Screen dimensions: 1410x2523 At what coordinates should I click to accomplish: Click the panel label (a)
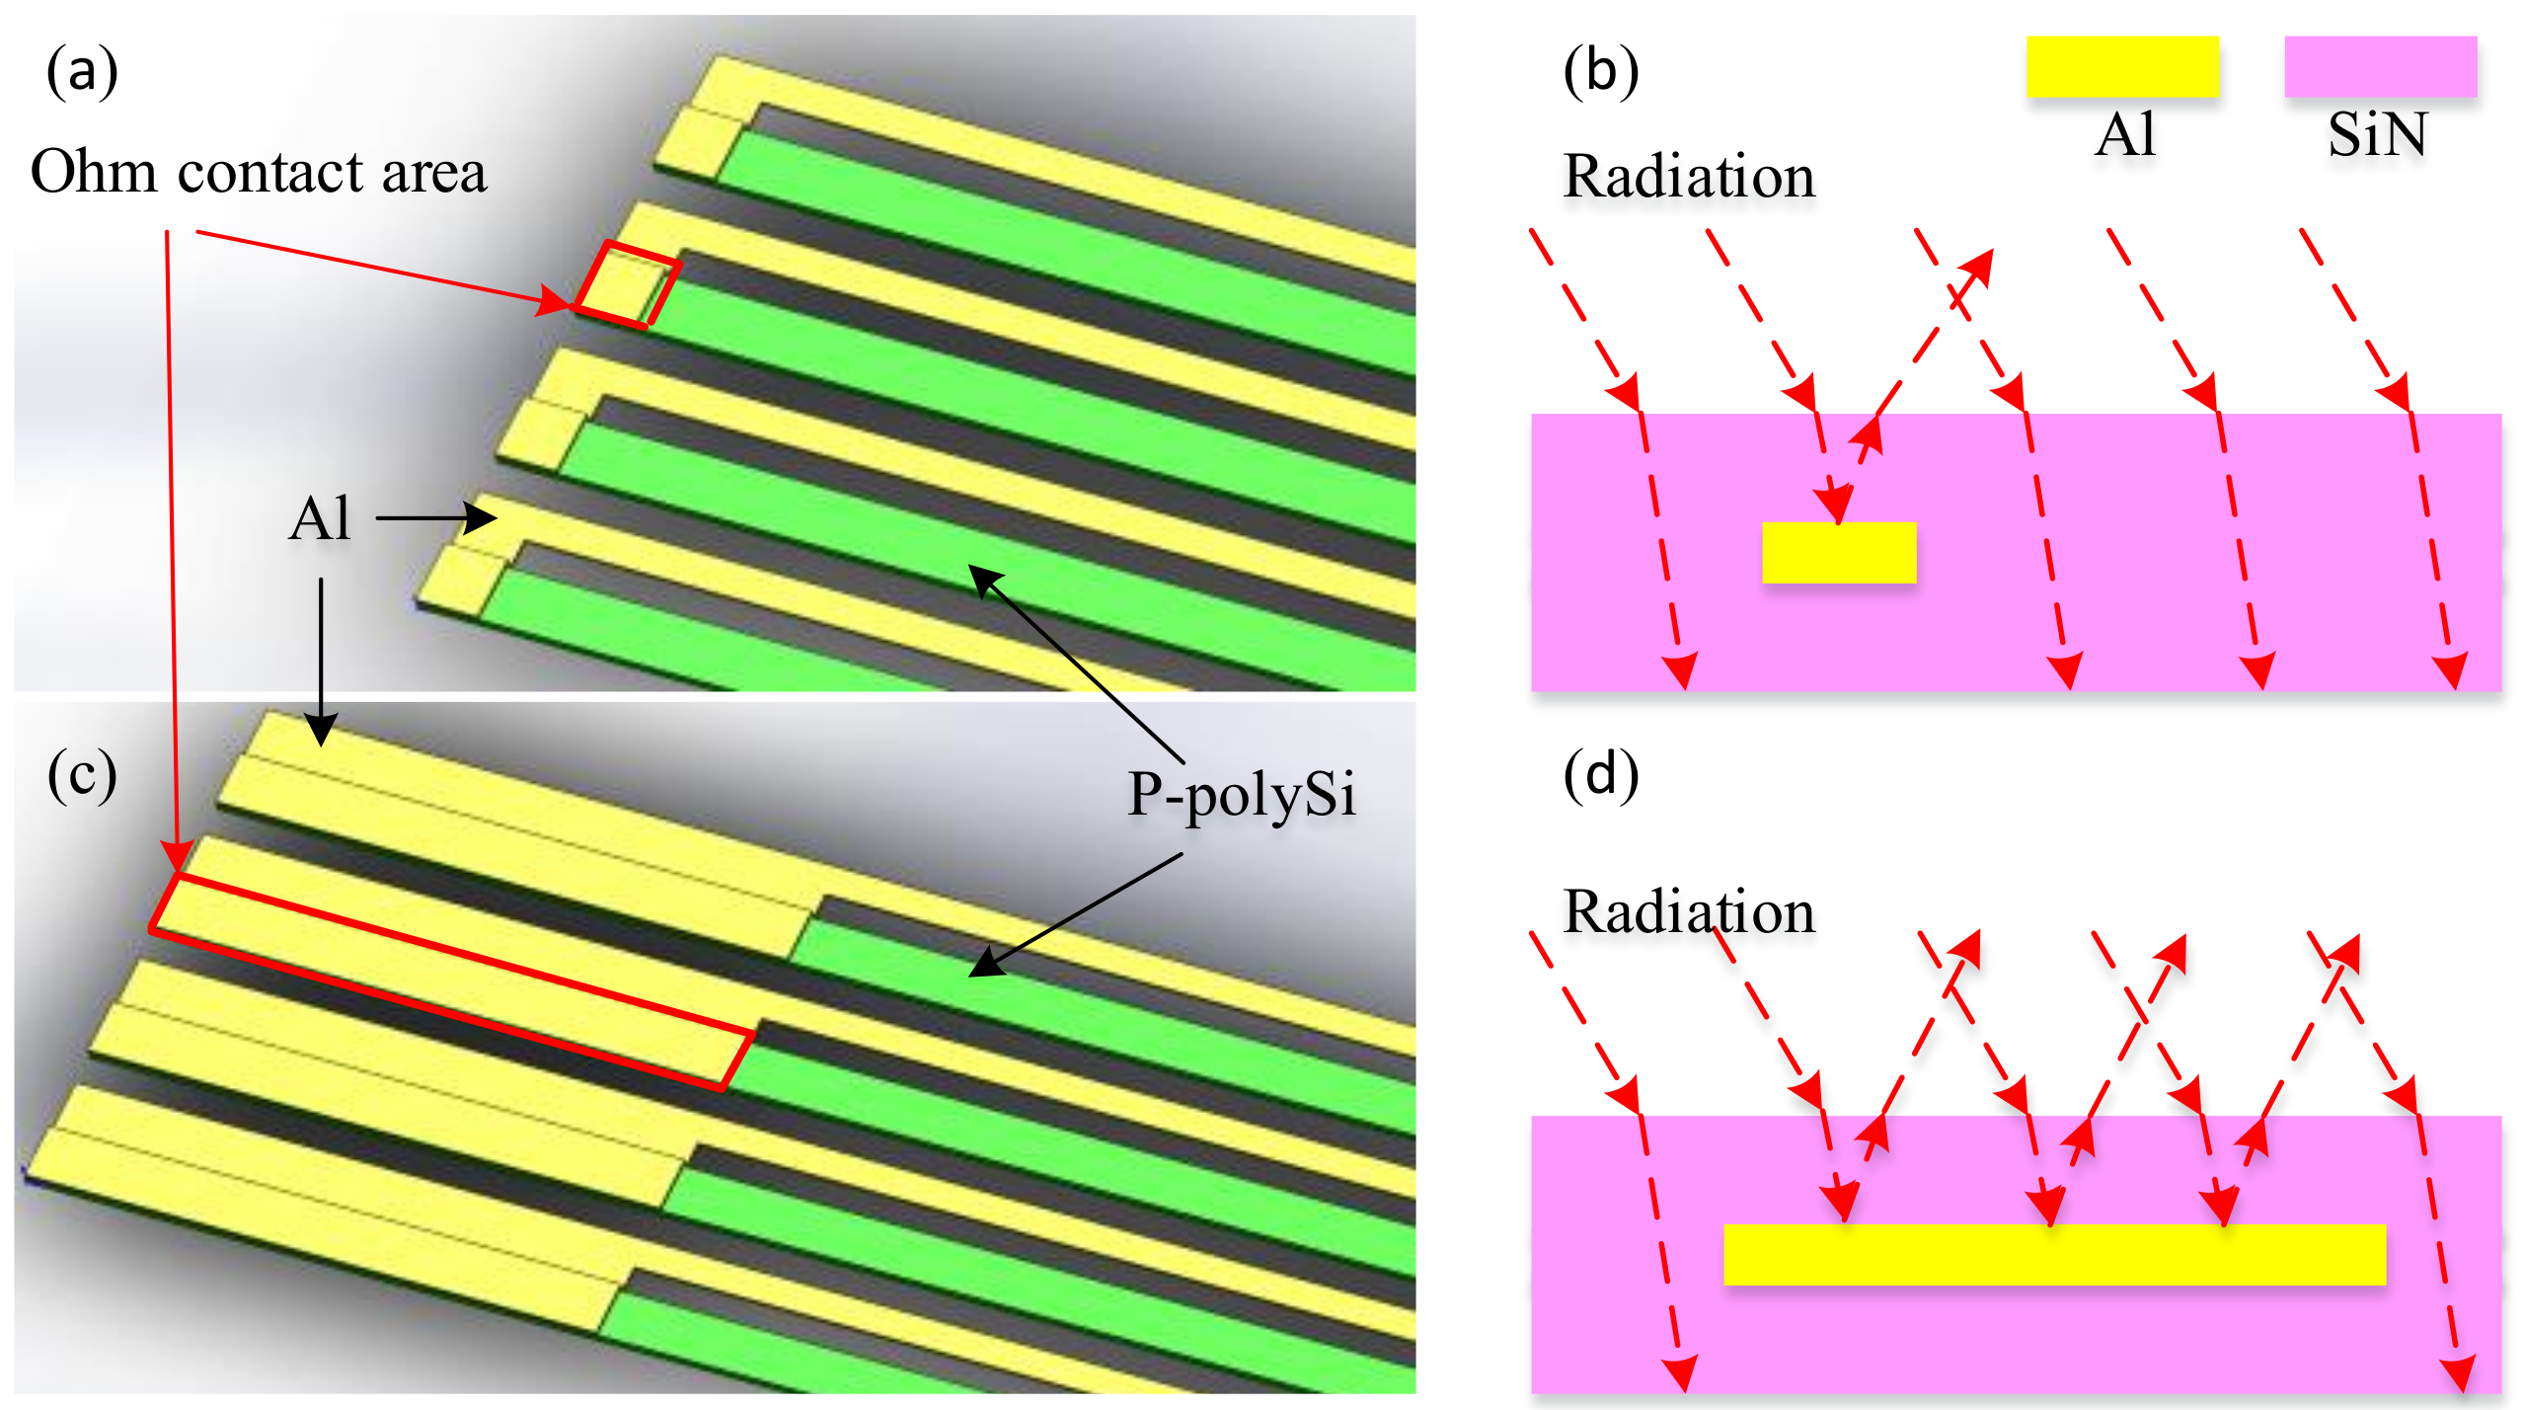point(82,73)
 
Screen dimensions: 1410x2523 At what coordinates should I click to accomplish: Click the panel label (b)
point(1600,73)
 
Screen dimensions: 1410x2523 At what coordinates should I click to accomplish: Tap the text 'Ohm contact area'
point(259,173)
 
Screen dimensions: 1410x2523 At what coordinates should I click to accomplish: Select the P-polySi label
point(1241,795)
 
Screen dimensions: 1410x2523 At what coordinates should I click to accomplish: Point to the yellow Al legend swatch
point(2121,67)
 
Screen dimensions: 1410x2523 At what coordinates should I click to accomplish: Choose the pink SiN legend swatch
point(2380,67)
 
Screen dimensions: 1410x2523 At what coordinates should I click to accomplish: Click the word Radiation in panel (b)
point(1689,177)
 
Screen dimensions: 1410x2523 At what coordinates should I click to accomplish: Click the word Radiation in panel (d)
point(1689,911)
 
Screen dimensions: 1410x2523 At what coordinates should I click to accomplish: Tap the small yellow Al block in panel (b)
point(1838,553)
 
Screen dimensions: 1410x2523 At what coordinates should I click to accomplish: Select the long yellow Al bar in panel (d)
point(2053,1254)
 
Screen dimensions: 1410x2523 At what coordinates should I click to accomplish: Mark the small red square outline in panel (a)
point(628,284)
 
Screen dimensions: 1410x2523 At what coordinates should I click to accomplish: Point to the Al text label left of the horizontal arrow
point(320,519)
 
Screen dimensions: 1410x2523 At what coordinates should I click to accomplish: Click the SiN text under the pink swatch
point(2377,135)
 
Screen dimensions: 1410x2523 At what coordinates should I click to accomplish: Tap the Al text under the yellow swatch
point(2124,135)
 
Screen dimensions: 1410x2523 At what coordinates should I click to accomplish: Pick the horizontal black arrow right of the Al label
point(435,517)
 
